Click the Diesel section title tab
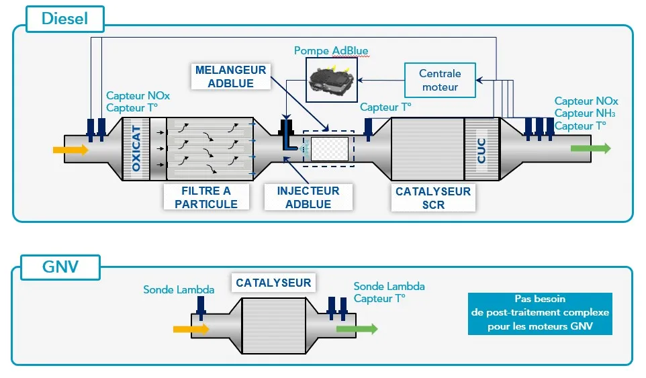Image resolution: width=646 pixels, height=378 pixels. click(65, 19)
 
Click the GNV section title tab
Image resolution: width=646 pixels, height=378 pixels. click(60, 267)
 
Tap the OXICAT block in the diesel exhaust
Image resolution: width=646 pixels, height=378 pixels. click(136, 148)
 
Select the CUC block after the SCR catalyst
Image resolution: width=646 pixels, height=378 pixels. click(481, 149)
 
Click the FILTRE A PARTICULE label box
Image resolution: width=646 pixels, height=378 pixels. click(206, 197)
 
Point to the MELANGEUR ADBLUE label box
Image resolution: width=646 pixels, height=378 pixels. click(230, 77)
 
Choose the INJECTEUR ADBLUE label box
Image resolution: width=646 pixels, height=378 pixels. click(308, 197)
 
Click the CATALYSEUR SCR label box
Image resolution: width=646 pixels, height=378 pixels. click(433, 198)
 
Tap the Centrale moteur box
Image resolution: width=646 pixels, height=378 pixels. click(440, 80)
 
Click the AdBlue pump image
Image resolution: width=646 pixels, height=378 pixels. click(331, 80)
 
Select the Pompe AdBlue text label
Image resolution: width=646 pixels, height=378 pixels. click(331, 51)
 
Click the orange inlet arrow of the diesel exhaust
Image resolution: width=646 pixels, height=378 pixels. click(71, 149)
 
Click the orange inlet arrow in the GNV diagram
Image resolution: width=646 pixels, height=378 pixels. click(191, 329)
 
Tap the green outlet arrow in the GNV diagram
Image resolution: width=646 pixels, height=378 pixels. click(357, 329)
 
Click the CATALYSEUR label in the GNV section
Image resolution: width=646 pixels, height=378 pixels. click(273, 283)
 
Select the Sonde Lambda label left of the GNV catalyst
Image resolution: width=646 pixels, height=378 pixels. click(179, 290)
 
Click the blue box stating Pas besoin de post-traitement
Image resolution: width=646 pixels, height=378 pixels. click(540, 314)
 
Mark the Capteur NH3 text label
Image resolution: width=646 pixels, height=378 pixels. click(585, 113)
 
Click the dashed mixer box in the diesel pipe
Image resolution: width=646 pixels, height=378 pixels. click(328, 148)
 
